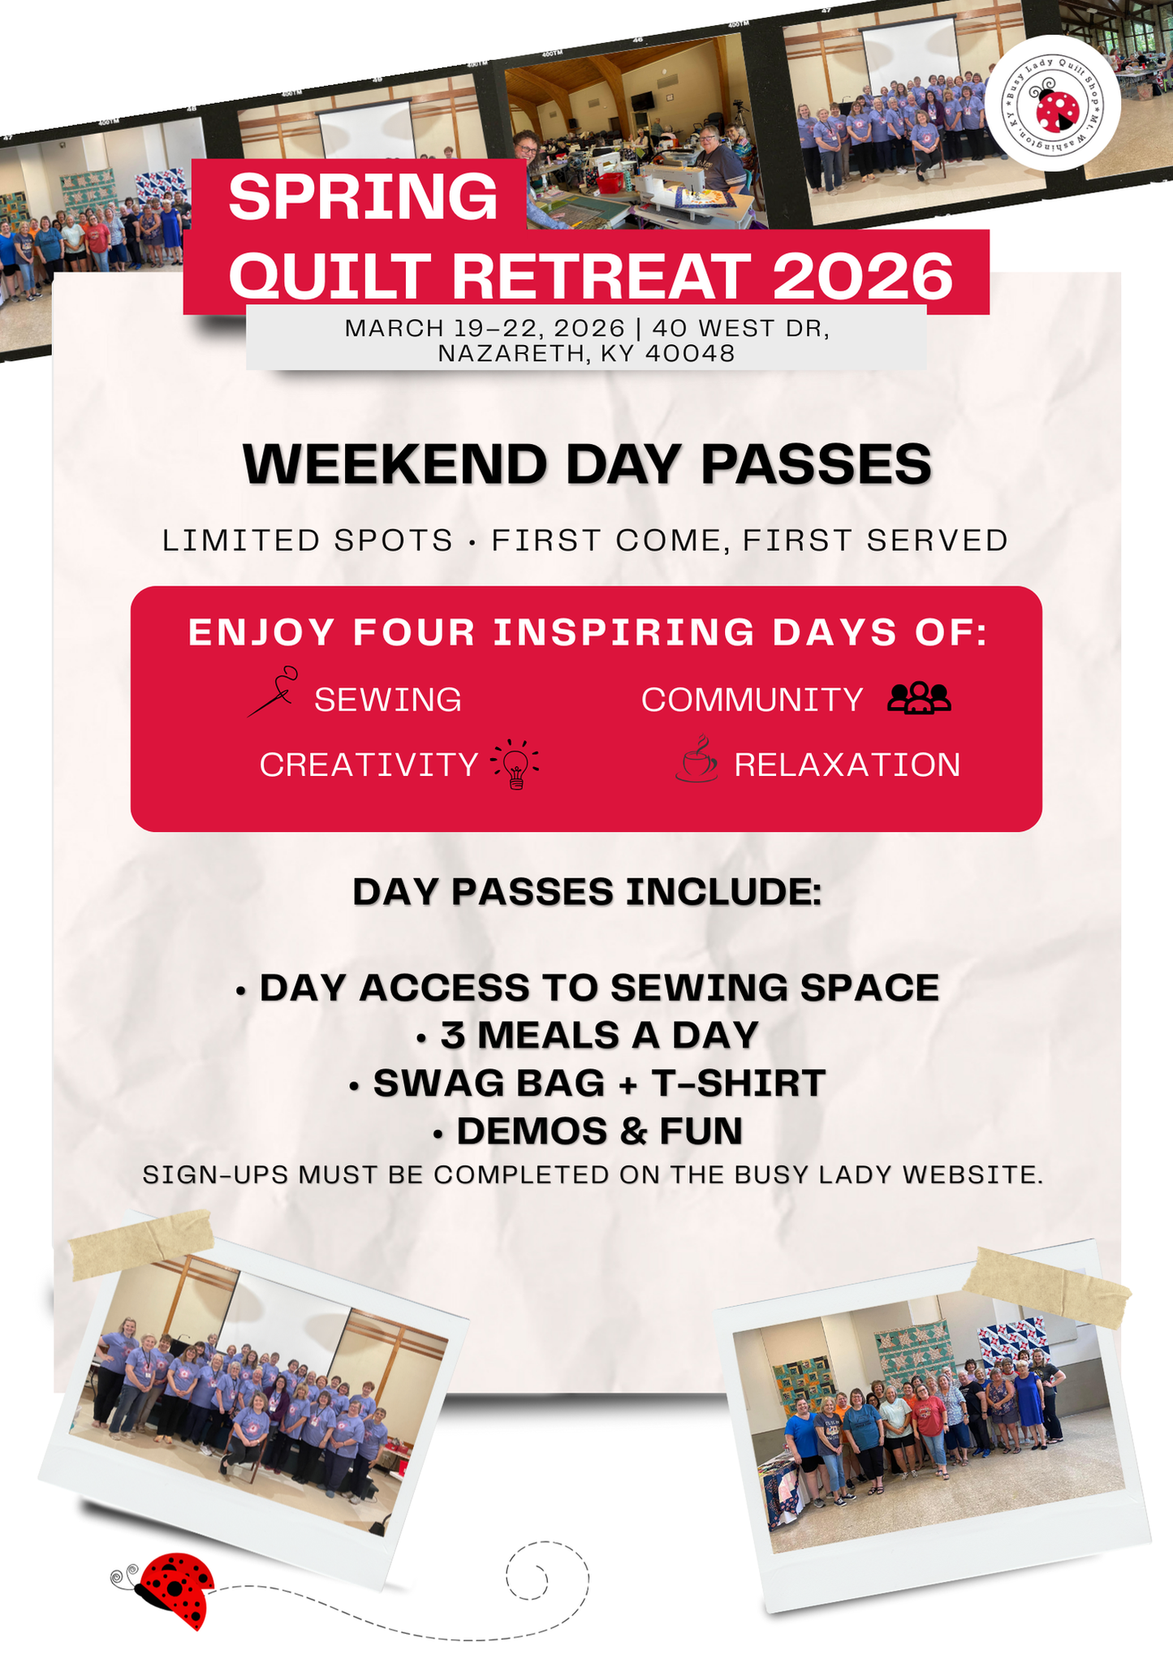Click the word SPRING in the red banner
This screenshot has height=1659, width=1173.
tap(363, 197)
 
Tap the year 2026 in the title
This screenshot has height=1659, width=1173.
tap(862, 276)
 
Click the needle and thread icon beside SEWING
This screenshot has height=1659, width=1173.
tap(273, 692)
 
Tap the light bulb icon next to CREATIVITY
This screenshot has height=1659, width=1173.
tap(515, 764)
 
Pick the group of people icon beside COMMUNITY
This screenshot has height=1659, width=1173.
tap(919, 698)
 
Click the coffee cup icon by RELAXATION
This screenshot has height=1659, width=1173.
tap(696, 760)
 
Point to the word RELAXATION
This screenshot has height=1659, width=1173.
tap(847, 765)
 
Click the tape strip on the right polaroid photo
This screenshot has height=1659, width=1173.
tap(1046, 1285)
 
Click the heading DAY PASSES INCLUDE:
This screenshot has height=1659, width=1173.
tap(587, 892)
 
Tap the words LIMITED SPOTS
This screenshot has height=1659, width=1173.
tap(308, 541)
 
